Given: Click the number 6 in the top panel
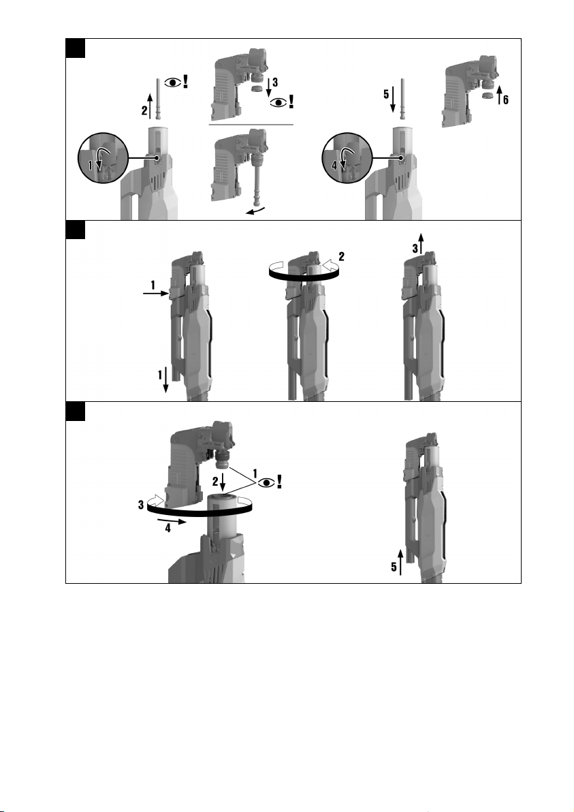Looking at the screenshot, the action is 506,99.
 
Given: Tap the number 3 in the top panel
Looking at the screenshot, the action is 275,82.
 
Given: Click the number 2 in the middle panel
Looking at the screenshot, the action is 342,256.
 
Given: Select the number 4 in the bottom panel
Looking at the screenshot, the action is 168,529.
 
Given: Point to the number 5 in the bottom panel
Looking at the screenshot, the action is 394,567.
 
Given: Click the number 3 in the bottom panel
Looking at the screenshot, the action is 141,504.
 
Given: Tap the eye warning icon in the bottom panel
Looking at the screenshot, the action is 271,483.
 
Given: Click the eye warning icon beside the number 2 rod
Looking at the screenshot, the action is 176,82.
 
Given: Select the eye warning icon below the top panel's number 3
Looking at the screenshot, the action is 282,101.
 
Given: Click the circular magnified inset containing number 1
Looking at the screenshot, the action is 103,158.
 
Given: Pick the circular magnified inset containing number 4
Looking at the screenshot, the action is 347,158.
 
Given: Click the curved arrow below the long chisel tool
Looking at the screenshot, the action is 256,210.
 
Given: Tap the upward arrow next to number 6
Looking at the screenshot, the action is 499,94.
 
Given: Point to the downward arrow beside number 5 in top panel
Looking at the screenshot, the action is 393,99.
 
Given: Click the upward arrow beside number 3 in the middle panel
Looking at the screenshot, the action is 421,243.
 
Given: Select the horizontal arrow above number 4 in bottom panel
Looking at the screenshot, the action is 172,520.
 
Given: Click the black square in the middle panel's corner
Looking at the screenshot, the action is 76,230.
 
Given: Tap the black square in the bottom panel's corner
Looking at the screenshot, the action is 76,411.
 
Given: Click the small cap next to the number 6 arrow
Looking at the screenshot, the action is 487,96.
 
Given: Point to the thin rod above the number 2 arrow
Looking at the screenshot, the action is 159,99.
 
